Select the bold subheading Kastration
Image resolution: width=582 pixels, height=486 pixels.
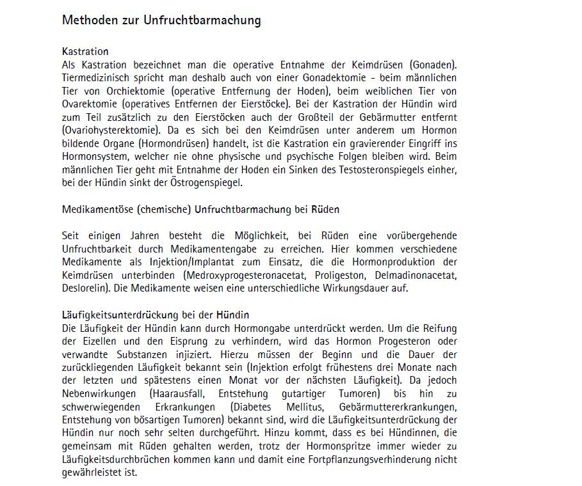85,51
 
